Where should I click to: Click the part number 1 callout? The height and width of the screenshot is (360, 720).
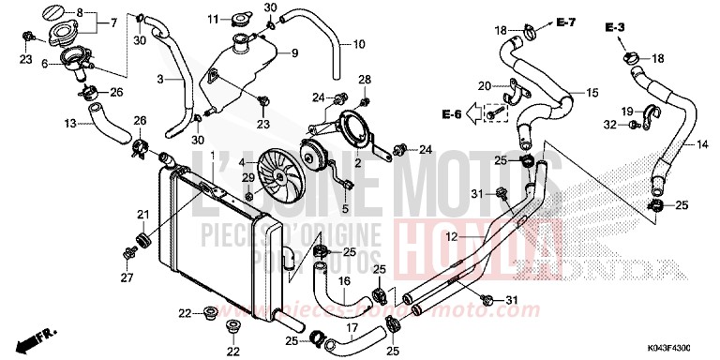point(212,155)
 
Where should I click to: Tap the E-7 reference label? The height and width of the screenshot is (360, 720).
point(566,21)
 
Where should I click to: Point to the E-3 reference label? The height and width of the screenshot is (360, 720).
point(615,29)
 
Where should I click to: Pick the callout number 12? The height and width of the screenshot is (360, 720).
point(450,238)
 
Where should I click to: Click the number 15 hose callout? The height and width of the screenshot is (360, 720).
point(592,93)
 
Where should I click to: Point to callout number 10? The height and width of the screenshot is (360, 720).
point(358,43)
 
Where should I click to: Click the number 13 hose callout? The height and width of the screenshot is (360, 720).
point(69,123)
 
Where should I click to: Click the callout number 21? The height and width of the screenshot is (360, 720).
point(143,215)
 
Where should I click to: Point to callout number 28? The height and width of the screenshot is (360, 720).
point(365,79)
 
